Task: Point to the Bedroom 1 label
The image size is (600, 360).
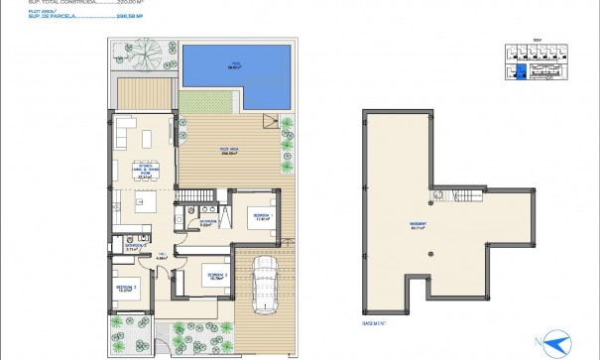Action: (261, 216)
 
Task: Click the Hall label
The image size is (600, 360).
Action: (161, 257)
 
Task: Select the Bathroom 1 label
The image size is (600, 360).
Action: (208, 223)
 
